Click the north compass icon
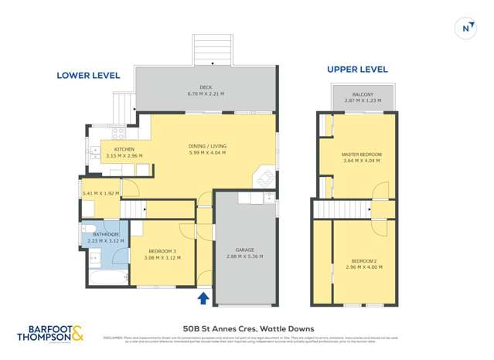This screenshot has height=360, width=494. pos(466,28)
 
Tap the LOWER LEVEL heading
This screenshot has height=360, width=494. pos(89,76)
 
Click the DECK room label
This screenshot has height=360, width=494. pos(205,87)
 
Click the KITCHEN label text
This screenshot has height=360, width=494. pos(124,149)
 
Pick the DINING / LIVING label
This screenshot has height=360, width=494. pos(207,146)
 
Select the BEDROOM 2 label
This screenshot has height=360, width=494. pos(362,261)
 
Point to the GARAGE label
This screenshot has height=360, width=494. pos(246,250)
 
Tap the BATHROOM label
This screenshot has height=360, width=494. pos(106,234)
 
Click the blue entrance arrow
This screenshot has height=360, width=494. pos(203,297)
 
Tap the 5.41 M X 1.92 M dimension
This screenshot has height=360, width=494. pos(101,193)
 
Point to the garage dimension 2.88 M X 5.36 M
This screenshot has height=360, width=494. pos(246,256)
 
